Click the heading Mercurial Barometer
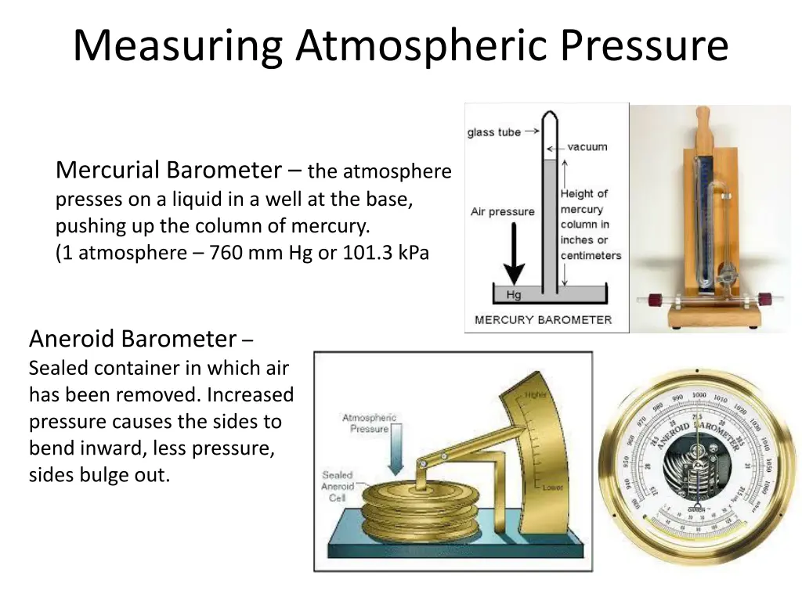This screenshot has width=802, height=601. (x=168, y=170)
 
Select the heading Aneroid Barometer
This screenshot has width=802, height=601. (x=132, y=339)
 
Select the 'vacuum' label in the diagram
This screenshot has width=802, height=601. (x=587, y=146)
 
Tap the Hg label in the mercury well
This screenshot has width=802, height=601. (x=514, y=295)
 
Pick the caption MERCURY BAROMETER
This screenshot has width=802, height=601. (x=543, y=319)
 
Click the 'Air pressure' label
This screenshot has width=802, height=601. (x=502, y=211)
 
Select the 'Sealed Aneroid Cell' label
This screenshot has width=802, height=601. (x=338, y=486)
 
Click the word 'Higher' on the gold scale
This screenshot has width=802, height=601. (x=536, y=394)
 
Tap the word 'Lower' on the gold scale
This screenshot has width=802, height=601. (x=552, y=487)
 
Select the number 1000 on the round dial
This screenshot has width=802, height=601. (x=699, y=394)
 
